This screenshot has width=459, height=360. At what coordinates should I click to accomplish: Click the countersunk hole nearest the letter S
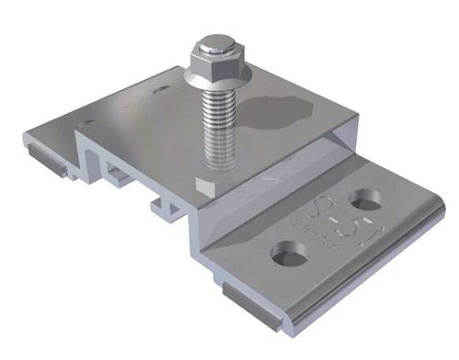click(x=285, y=249)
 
